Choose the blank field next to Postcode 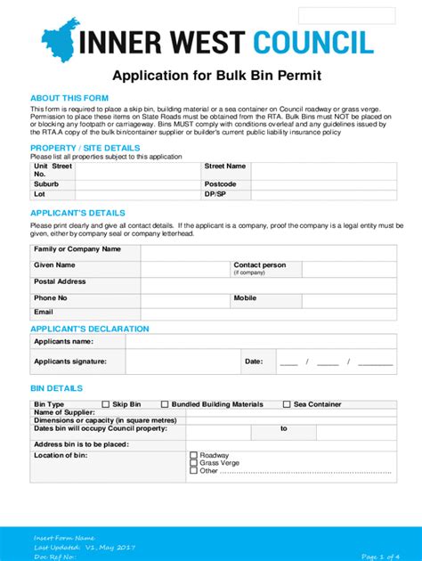tap(321, 184)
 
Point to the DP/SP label tap(215, 193)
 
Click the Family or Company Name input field tap(266, 250)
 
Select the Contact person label tap(259, 265)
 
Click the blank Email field tap(266, 313)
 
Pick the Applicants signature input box tap(183, 362)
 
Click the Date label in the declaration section tap(254, 362)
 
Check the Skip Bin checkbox tap(106, 404)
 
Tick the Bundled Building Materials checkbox tap(165, 404)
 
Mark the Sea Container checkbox tap(287, 404)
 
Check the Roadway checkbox tap(193, 455)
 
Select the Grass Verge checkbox tap(193, 463)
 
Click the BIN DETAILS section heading tap(56, 388)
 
